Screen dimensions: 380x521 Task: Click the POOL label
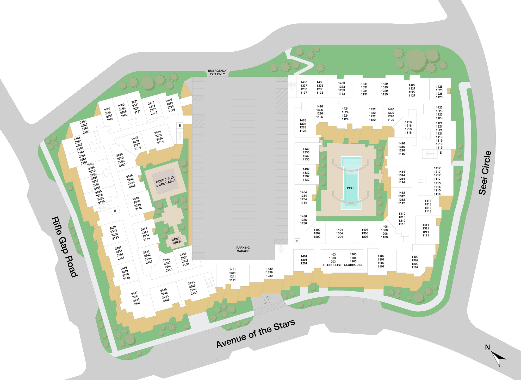coord(351,188)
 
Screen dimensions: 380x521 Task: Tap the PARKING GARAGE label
coord(243,249)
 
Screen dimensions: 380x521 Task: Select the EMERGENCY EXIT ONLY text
coord(217,73)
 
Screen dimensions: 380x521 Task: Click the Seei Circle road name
coord(485,173)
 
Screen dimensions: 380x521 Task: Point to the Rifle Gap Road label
coord(65,246)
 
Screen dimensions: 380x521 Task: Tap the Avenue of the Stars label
coord(256,334)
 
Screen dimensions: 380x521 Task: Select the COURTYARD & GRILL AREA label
coord(166,181)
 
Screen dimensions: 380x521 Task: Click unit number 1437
coord(304,82)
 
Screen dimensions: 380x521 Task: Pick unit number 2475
coord(169,100)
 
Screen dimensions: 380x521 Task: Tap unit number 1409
coord(415,257)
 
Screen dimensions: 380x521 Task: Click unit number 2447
coord(134,293)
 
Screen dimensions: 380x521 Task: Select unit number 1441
coord(232,269)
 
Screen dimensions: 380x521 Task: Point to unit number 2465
coord(83,122)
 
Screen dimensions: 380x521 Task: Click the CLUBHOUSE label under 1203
coord(332,265)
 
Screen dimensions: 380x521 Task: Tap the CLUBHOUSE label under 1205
coord(353,265)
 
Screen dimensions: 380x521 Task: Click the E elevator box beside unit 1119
coord(441,153)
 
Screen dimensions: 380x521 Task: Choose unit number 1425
coord(439,87)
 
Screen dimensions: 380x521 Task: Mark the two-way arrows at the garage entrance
coord(266,300)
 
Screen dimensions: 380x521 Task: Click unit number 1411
coord(426,225)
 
